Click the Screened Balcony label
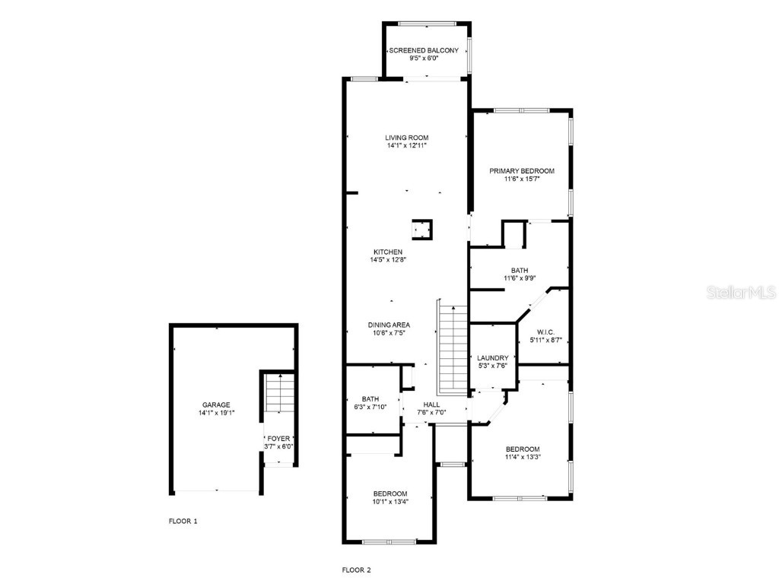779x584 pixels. pyautogui.click(x=424, y=50)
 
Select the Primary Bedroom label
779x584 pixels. pyautogui.click(x=521, y=171)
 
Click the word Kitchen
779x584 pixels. pyautogui.click(x=388, y=252)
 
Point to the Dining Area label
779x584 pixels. pyautogui.click(x=389, y=325)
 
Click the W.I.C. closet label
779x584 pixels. pyautogui.click(x=545, y=332)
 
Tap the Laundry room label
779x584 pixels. pyautogui.click(x=492, y=357)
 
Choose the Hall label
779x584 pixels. pyautogui.click(x=431, y=405)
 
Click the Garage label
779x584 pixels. pyautogui.click(x=216, y=405)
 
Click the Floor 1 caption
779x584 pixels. pyautogui.click(x=183, y=522)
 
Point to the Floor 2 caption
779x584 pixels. pyautogui.click(x=356, y=570)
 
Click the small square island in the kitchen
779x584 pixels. pyautogui.click(x=422, y=229)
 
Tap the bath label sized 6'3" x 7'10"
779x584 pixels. pyautogui.click(x=370, y=398)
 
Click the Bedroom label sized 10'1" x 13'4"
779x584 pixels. pyautogui.click(x=389, y=494)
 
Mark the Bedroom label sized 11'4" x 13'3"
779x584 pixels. pyautogui.click(x=521, y=449)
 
